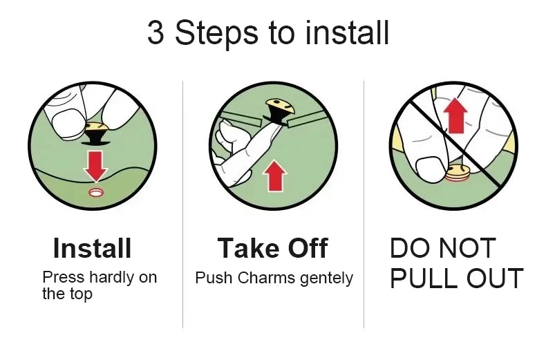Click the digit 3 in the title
[156, 32]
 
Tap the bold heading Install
[93, 248]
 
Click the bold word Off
[308, 248]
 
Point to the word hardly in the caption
[111, 278]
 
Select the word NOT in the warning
[467, 248]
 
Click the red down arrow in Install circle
[95, 166]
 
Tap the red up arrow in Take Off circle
[275, 176]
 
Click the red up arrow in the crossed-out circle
[455, 116]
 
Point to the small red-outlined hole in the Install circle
[96, 192]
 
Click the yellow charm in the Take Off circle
[280, 106]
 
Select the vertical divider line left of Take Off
[183, 205]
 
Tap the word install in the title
[346, 32]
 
